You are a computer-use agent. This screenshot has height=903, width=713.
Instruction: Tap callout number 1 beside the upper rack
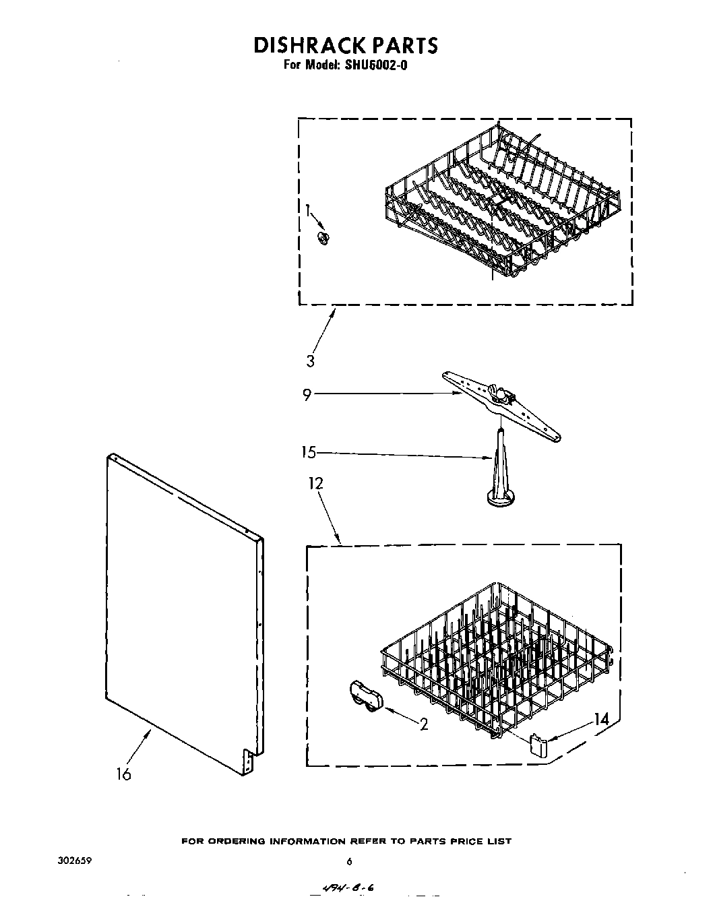click(309, 211)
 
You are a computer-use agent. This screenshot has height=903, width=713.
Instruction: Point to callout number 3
click(310, 361)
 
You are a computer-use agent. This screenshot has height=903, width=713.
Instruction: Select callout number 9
click(307, 394)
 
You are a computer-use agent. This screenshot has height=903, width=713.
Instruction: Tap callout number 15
click(308, 452)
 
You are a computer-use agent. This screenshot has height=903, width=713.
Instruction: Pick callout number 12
click(315, 483)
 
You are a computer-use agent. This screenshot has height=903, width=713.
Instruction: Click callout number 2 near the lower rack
click(424, 724)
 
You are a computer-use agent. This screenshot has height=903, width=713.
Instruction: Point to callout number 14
click(601, 719)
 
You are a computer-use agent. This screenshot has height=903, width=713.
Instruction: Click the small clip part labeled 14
click(538, 745)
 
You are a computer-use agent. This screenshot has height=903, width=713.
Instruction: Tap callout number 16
click(123, 774)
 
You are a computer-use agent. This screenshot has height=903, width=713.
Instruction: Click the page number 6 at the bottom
click(349, 861)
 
